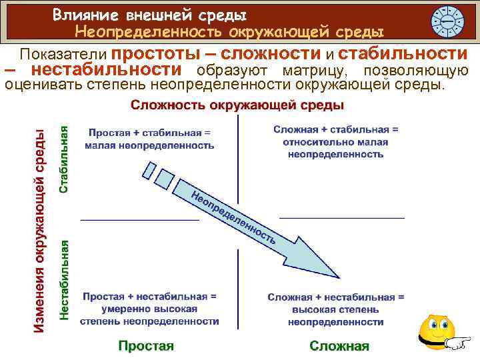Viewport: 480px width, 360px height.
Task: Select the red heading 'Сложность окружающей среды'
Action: (x=237, y=105)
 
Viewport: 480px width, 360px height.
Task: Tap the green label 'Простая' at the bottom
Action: (x=145, y=345)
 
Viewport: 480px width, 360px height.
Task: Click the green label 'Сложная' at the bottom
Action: (x=339, y=345)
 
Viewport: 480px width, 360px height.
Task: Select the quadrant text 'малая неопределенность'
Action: (x=151, y=145)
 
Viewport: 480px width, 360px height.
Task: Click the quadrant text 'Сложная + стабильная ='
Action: (x=335, y=129)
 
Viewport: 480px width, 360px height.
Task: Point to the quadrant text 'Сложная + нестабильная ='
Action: (x=335, y=297)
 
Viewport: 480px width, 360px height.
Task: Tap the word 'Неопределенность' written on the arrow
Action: (x=233, y=217)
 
